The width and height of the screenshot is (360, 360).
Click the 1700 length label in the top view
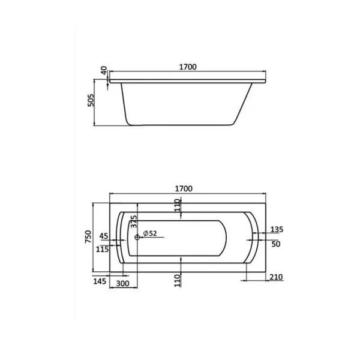(184, 188)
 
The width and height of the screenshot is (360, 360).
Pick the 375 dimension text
(134, 222)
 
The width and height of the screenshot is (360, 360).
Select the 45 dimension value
(104, 235)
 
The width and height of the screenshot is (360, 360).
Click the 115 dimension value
(103, 249)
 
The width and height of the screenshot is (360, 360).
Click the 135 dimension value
(277, 229)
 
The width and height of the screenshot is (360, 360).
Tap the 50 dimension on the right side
(275, 244)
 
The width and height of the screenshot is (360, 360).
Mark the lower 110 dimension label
(178, 280)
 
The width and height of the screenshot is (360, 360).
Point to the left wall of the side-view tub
(124, 102)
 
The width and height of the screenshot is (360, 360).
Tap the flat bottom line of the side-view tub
(180, 125)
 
